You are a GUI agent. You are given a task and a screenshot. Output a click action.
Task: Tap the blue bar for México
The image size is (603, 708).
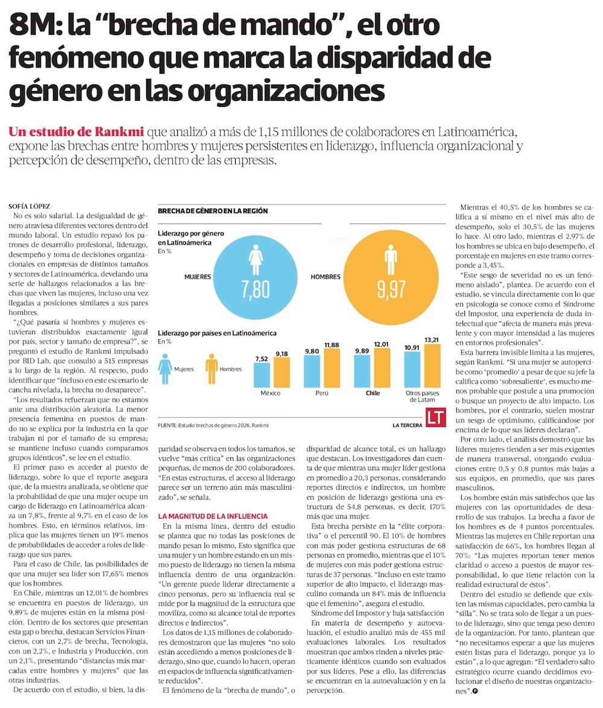click(x=261, y=375)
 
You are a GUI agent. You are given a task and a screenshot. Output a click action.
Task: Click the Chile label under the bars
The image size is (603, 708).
click(x=373, y=393)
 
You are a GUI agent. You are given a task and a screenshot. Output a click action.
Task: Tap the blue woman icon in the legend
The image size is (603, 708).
click(x=165, y=368)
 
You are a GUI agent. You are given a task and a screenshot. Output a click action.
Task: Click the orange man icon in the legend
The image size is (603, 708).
click(x=211, y=368)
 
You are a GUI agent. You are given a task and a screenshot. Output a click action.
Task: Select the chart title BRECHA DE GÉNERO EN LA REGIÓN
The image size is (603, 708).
click(x=212, y=211)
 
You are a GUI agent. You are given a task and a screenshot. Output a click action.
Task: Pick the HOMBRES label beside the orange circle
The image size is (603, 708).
click(x=325, y=276)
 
